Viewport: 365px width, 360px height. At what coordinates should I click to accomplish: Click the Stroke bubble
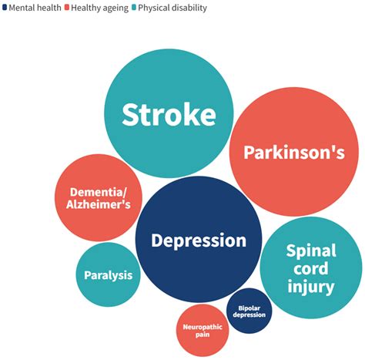(169, 113)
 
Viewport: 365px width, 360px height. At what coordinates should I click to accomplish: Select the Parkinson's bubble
(294, 152)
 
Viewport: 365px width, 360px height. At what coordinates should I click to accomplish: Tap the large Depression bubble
(199, 240)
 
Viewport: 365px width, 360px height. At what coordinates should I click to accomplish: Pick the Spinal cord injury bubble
(311, 267)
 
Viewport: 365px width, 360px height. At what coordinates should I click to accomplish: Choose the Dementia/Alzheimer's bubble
(99, 197)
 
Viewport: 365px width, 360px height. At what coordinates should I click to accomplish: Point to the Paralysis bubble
(109, 274)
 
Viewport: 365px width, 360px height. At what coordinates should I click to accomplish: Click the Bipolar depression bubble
(249, 311)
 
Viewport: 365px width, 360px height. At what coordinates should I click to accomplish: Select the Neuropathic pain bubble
(203, 331)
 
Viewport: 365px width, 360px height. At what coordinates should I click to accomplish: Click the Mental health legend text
(35, 8)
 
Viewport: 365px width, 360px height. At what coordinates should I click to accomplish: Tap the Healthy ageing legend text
(99, 8)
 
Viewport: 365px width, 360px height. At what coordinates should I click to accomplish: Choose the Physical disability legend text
(172, 8)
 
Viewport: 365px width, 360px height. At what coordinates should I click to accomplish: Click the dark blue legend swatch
(5, 8)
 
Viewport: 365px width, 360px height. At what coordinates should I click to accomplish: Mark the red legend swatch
(67, 8)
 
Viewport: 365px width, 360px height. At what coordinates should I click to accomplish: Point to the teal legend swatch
(134, 8)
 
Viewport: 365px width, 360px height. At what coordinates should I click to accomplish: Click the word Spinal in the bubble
(311, 251)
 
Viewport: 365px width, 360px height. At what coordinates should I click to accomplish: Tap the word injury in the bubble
(311, 287)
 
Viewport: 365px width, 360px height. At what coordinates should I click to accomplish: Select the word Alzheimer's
(99, 204)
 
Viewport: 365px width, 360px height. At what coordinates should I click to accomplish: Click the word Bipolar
(249, 308)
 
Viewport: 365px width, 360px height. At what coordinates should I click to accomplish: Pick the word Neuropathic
(203, 327)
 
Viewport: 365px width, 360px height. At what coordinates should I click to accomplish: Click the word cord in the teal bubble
(311, 268)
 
